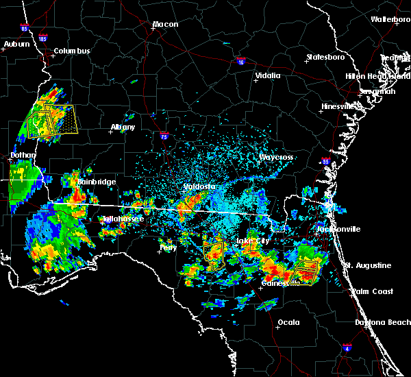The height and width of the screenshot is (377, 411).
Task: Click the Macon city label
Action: pyautogui.click(x=165, y=25)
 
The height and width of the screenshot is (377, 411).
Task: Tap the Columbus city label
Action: pyautogui.click(x=72, y=51)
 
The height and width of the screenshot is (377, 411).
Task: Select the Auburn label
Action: pyautogui.click(x=16, y=45)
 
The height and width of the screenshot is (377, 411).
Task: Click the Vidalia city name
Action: pyautogui.click(x=268, y=76)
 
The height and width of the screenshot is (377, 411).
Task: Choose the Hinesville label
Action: pyautogui.click(x=340, y=107)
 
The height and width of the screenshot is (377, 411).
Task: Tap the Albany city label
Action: pyautogui.click(x=123, y=127)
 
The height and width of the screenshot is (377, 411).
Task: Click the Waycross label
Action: pyautogui.click(x=276, y=158)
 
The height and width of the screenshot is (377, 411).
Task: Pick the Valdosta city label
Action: pyautogui.click(x=199, y=186)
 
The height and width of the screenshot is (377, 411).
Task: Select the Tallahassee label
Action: pyautogui.click(x=123, y=219)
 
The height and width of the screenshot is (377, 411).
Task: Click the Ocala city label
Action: pyautogui.click(x=288, y=322)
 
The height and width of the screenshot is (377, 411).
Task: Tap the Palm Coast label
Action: pyautogui.click(x=373, y=292)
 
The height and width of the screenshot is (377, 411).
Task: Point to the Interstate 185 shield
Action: pyautogui.click(x=43, y=39)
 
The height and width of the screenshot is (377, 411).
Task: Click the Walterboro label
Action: pyautogui.click(x=390, y=20)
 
